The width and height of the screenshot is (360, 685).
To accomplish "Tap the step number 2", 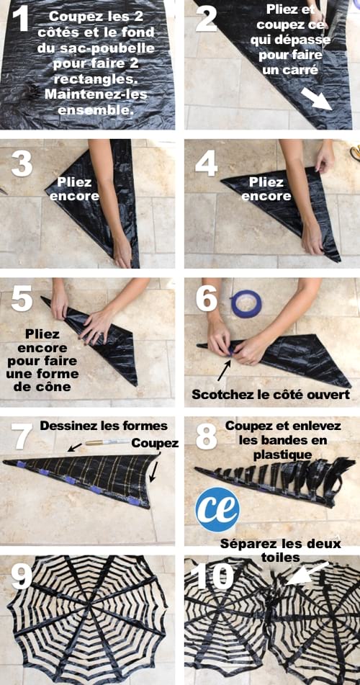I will (x=207, y=20).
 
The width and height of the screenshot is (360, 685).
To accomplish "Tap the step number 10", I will (x=214, y=576).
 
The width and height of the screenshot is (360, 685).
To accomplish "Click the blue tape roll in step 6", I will (x=246, y=303).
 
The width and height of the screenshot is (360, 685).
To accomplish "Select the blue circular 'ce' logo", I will (x=217, y=509).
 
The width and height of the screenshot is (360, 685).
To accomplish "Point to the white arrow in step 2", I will (x=316, y=97).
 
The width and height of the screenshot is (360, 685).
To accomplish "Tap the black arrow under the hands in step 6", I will (x=224, y=371).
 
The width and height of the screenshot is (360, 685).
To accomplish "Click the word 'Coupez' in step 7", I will (x=155, y=444).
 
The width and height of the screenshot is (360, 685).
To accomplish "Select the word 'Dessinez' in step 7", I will (x=68, y=426).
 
